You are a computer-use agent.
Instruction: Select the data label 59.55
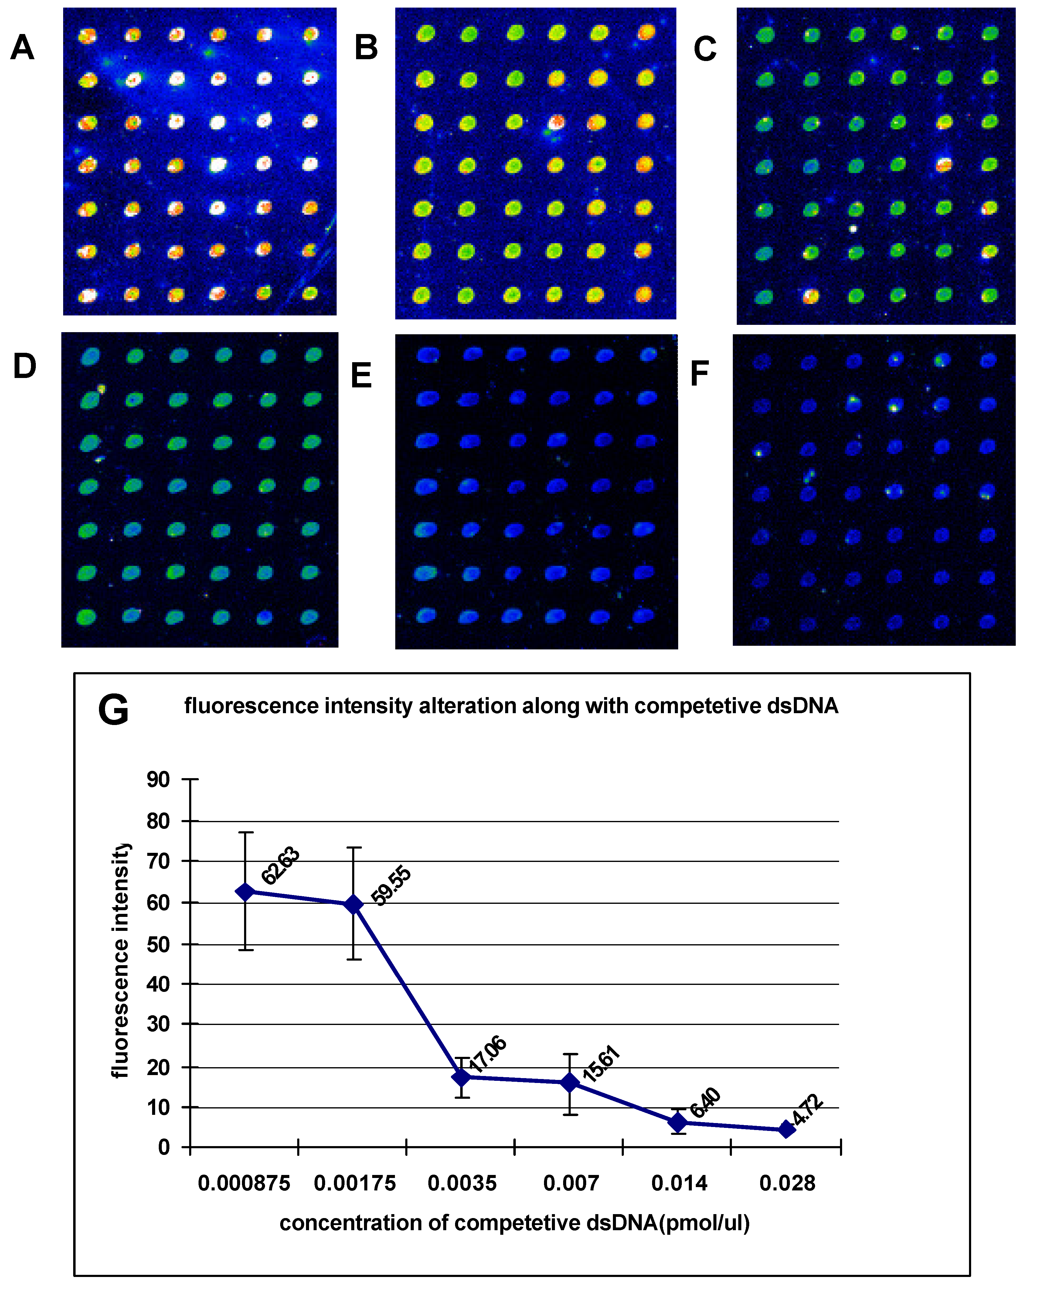(x=391, y=886)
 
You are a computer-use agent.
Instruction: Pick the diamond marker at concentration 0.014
(x=678, y=1122)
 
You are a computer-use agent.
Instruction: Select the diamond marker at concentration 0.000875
(x=245, y=892)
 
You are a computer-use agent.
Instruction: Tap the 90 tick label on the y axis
(x=158, y=780)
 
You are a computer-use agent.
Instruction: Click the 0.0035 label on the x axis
(x=462, y=1183)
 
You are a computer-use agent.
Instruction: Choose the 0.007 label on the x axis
(x=571, y=1183)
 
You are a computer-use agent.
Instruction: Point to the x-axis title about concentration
(x=514, y=1223)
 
